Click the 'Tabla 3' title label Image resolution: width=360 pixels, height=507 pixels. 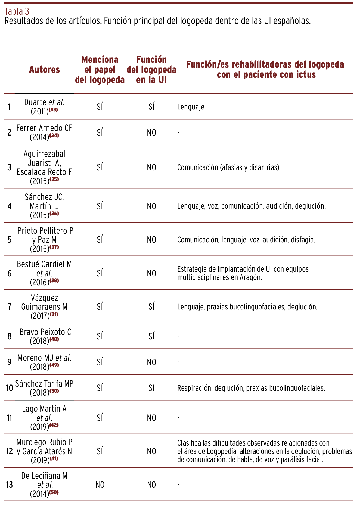pyautogui.click(x=17, y=12)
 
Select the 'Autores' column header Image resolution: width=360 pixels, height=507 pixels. pyautogui.click(x=44, y=70)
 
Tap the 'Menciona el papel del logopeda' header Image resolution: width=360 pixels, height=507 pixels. pyautogui.click(x=100, y=70)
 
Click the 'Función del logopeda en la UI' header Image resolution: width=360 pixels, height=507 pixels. pyautogui.click(x=151, y=70)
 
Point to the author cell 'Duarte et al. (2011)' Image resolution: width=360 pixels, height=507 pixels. pyautogui.click(x=44, y=107)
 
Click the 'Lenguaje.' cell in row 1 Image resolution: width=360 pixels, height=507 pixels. pyautogui.click(x=191, y=107)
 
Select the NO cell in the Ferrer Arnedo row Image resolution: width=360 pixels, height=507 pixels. pyautogui.click(x=151, y=133)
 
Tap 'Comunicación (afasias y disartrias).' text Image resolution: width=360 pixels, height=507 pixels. pyautogui.click(x=229, y=167)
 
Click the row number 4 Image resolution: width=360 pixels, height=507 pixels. pyautogui.click(x=10, y=206)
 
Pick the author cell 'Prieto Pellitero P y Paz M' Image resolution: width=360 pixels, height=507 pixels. pyautogui.click(x=45, y=239)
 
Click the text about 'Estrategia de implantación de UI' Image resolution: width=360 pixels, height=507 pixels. pyautogui.click(x=243, y=273)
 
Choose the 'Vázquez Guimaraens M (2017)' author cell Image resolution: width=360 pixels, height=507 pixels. pyautogui.click(x=44, y=307)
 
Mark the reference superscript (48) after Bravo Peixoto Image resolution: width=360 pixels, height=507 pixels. pyautogui.click(x=54, y=339)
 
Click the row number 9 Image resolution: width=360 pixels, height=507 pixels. pyautogui.click(x=10, y=362)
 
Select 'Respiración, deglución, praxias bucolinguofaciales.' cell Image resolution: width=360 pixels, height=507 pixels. pyautogui.click(x=251, y=388)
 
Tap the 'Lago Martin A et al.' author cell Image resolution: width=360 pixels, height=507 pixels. pyautogui.click(x=44, y=418)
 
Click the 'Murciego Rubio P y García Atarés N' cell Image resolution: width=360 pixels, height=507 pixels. pyautogui.click(x=44, y=451)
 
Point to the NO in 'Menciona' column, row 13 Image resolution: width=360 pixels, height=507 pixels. pyautogui.click(x=100, y=485)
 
